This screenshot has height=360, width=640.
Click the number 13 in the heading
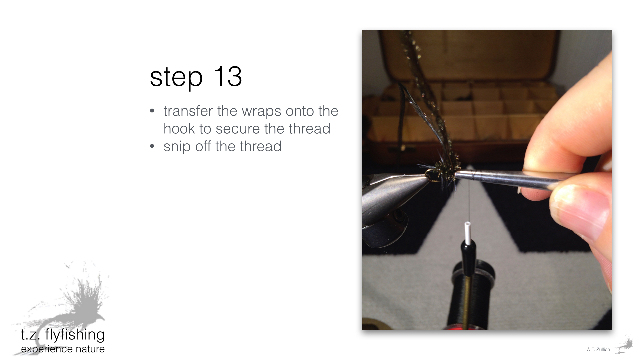tap(227, 76)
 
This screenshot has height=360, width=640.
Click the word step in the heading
tap(176, 79)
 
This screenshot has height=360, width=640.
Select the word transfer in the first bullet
tap(188, 111)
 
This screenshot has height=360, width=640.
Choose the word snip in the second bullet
tap(177, 147)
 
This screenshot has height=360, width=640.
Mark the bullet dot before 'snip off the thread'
tap(152, 146)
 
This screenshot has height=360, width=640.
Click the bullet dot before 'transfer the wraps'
tap(152, 111)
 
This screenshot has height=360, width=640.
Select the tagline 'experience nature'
tap(63, 349)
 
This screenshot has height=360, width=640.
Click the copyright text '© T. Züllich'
tap(598, 349)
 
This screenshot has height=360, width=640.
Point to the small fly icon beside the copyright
tap(624, 346)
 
